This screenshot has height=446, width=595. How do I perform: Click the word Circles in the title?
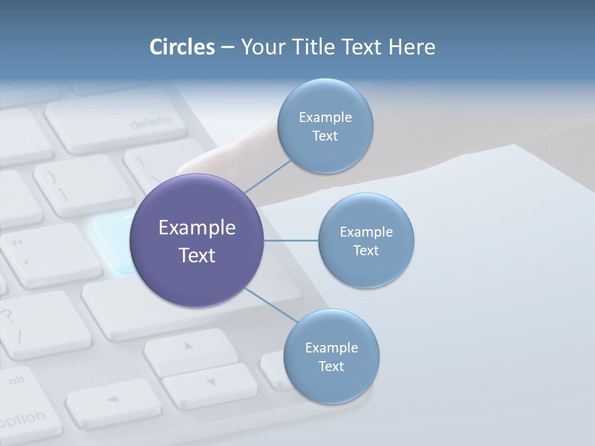click(x=182, y=47)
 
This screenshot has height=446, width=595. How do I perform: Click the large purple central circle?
click(x=197, y=241)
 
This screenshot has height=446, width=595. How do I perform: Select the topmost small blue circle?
click(x=325, y=126)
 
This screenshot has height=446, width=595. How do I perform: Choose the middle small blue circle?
click(x=366, y=241)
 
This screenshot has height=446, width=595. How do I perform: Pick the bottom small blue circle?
click(x=331, y=357)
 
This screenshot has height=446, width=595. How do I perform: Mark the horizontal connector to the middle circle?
click(x=291, y=240)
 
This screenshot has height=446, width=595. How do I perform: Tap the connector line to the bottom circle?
click(x=270, y=305)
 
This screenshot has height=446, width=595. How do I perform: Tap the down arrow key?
click(x=211, y=384)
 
